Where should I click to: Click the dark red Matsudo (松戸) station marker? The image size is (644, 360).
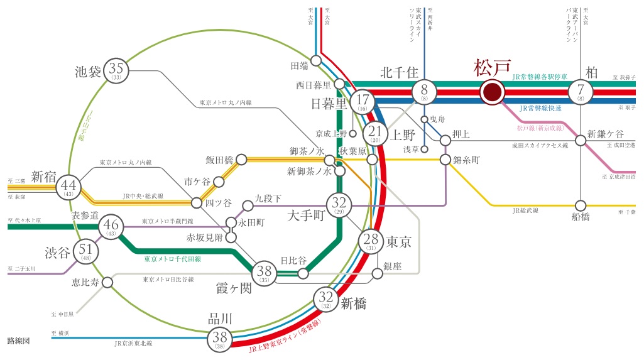click(492, 92)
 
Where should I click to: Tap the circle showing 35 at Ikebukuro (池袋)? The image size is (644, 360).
click(116, 70)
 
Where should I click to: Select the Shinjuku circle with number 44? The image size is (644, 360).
click(69, 186)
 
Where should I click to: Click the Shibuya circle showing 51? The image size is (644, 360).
click(86, 251)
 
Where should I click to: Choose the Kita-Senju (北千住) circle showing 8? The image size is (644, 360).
click(425, 92)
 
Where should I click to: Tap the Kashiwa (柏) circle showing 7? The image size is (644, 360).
click(580, 92)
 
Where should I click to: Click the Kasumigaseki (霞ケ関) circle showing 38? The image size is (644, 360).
click(265, 273)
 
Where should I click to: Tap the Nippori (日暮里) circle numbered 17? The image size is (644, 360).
click(363, 101)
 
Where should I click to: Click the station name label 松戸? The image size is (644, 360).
click(493, 67)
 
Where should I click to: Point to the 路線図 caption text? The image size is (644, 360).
click(18, 341)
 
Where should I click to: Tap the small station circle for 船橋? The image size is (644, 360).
click(581, 205)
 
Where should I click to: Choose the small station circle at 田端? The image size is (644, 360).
click(316, 61)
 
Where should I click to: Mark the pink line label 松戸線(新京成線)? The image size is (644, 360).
click(540, 128)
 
